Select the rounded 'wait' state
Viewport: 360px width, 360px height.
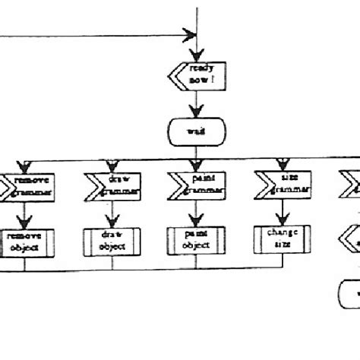(197, 131)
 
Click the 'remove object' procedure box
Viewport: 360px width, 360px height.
(24, 241)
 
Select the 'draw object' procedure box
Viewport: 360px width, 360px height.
(112, 241)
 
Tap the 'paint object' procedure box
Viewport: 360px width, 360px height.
(197, 241)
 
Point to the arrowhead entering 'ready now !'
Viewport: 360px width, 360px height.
(197, 57)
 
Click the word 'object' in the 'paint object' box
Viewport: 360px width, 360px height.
(197, 246)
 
